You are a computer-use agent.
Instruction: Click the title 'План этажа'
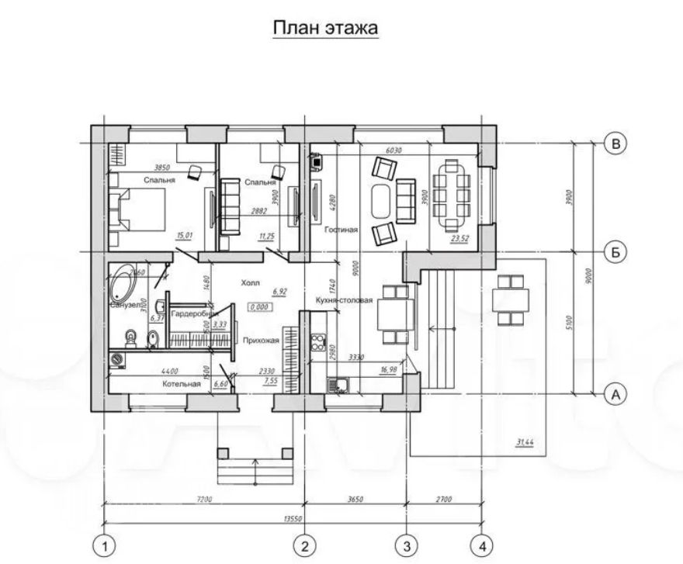(x=324, y=29)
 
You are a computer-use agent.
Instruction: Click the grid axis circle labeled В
(x=615, y=144)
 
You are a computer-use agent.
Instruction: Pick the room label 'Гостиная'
(x=341, y=230)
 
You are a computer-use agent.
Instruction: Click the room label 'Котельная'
(x=182, y=384)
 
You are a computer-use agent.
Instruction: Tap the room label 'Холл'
(x=251, y=283)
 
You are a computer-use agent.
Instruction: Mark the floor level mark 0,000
(x=259, y=307)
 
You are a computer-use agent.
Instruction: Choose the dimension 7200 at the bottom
(x=204, y=500)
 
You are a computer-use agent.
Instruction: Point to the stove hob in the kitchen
(x=318, y=341)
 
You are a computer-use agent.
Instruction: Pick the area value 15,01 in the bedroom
(x=185, y=235)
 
